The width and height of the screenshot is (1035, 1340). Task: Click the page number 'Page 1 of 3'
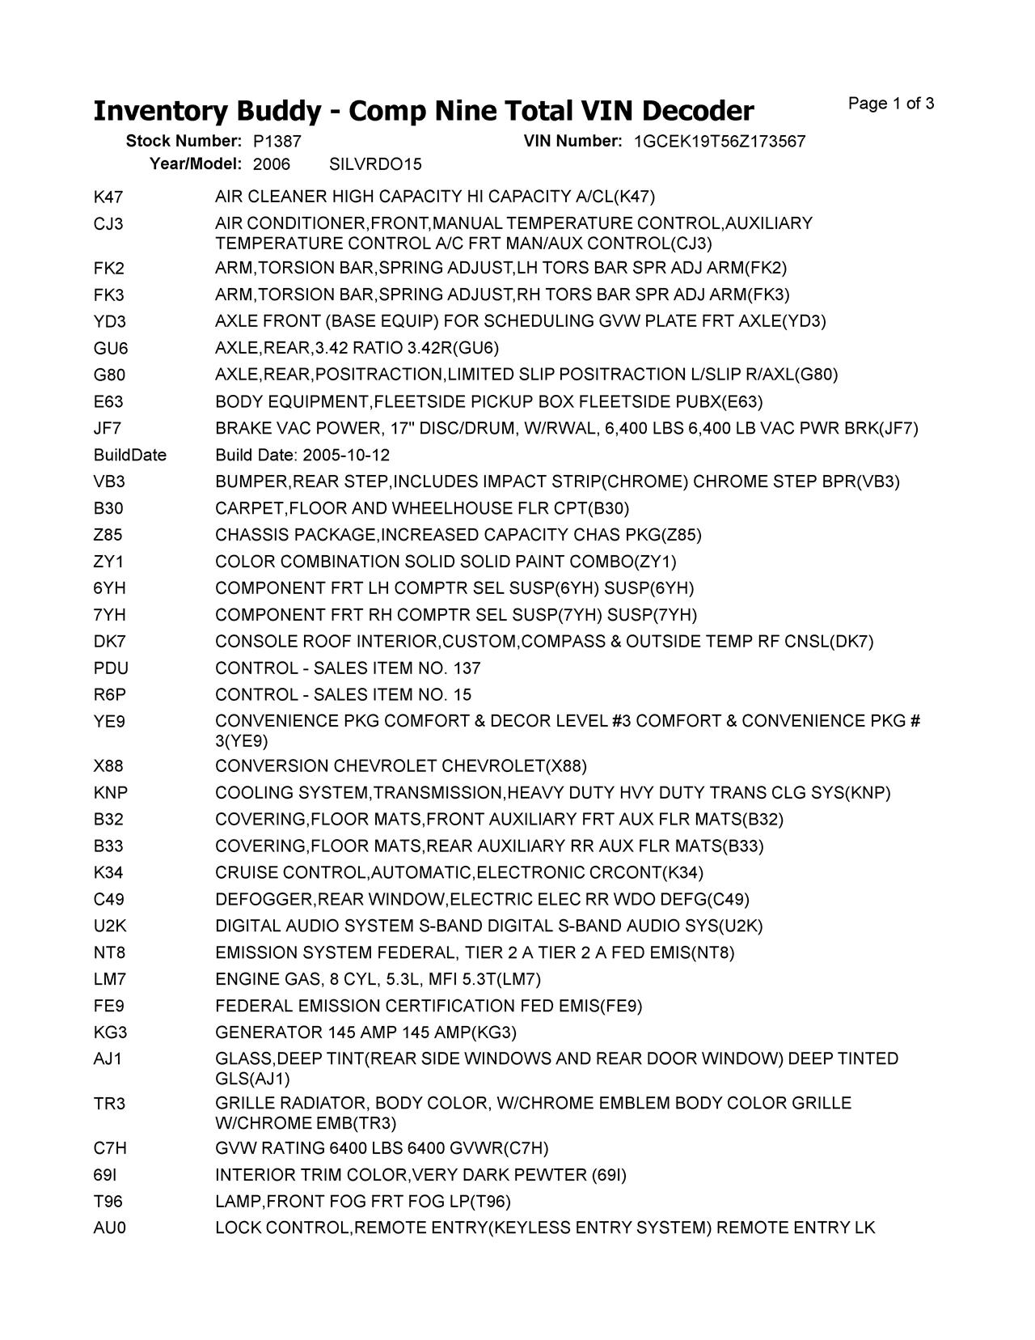pos(891,104)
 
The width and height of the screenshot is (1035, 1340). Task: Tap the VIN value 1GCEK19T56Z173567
pos(719,142)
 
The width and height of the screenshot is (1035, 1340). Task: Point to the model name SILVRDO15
pos(375,165)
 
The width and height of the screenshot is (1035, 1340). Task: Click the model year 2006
pos(271,165)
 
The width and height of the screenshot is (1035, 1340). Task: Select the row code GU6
pos(111,349)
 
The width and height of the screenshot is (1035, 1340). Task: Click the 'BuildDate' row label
pos(130,456)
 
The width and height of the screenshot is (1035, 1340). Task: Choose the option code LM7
pos(110,980)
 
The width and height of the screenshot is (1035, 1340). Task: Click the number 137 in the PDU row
pos(467,668)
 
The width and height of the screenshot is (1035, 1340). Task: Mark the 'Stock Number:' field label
pos(184,142)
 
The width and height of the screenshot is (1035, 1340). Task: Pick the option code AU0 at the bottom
pos(110,1228)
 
